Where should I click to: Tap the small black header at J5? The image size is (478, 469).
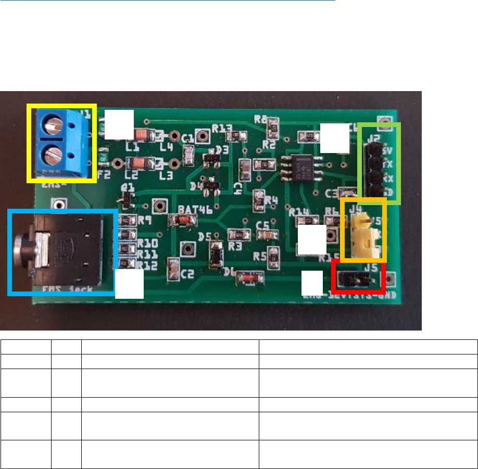tap(358, 280)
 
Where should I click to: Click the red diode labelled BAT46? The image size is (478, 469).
tap(182, 220)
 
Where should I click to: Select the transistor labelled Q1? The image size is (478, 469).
tap(127, 197)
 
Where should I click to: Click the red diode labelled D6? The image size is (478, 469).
tap(248, 280)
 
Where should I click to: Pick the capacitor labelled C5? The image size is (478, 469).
tap(266, 235)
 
